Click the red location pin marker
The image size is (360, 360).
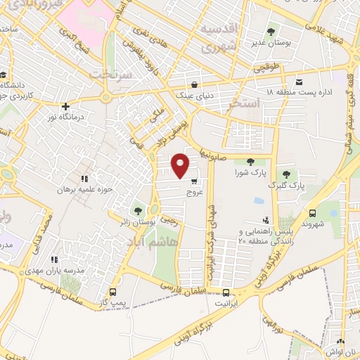pos(181,165)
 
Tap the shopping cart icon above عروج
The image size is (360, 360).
pos(194,181)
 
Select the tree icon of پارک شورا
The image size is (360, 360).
pos(250,162)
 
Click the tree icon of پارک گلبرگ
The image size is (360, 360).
pos(286,174)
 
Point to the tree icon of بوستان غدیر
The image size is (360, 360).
pos(271,32)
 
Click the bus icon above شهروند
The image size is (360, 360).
pos(312,212)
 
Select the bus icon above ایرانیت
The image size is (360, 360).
pos(226,292)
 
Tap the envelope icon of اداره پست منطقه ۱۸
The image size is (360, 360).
pos(299,82)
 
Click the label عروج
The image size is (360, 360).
pos(194,191)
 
